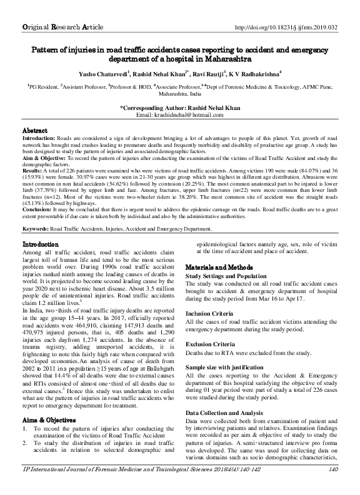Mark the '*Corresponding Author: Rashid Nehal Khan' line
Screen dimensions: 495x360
[x=179, y=109]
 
